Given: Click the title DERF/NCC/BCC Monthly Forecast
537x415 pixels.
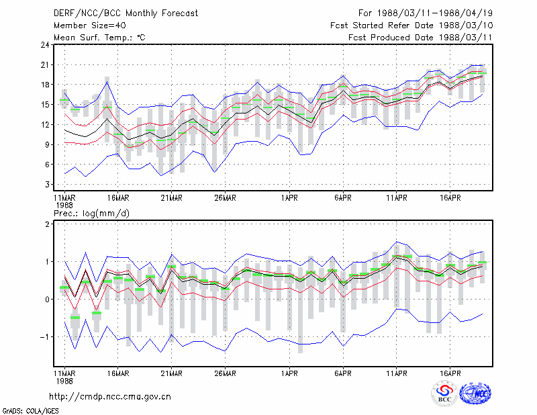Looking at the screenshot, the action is (126, 13).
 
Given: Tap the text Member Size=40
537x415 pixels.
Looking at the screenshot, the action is (90, 26).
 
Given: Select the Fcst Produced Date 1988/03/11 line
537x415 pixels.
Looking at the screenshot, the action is (420, 38).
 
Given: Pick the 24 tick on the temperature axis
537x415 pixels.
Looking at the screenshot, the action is (45, 45).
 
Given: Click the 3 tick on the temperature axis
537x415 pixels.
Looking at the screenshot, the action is (47, 185).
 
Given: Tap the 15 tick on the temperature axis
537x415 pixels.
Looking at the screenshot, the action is (45, 105).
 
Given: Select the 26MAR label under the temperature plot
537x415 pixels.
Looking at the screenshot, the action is (225, 198).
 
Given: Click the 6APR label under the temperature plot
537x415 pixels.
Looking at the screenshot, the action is (343, 198).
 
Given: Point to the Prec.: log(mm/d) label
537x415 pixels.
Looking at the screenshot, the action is (91, 214).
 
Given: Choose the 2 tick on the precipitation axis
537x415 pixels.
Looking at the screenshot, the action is (47, 224).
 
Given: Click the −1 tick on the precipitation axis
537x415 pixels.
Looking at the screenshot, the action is (44, 337).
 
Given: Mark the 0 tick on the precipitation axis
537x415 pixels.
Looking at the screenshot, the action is (47, 299).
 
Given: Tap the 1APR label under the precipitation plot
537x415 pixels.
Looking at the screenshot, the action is (289, 373).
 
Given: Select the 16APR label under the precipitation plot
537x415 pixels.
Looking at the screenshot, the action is (450, 373).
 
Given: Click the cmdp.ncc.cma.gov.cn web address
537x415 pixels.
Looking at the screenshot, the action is (110, 397).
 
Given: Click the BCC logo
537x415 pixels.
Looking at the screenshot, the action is (444, 393).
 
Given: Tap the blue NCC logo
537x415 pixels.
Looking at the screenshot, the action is (475, 394).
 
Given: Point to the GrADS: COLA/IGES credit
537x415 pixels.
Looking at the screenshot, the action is (30, 411).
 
